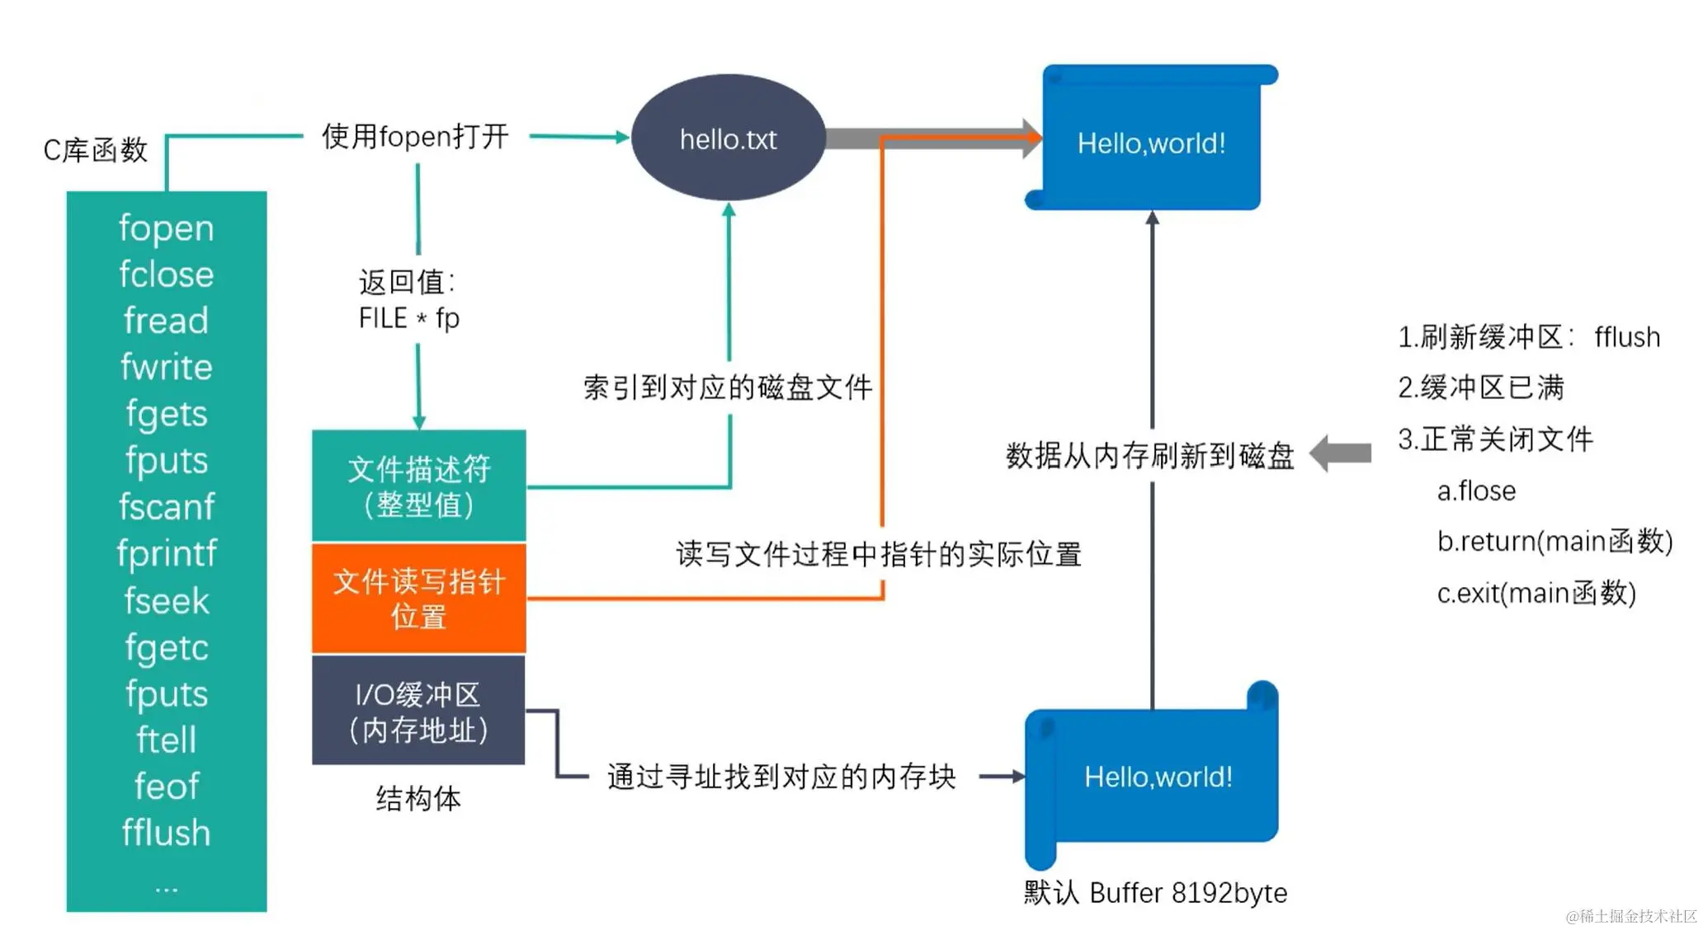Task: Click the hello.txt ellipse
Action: (x=728, y=139)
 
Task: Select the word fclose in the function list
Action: (x=166, y=275)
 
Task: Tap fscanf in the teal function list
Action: (x=166, y=507)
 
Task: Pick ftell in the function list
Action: (x=166, y=740)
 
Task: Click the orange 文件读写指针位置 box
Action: (x=418, y=599)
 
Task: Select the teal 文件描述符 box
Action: (x=418, y=486)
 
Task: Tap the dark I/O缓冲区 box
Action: (x=418, y=712)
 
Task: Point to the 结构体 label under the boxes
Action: (x=418, y=798)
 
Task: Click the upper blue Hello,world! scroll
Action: (x=1151, y=142)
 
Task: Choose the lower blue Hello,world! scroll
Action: (x=1157, y=775)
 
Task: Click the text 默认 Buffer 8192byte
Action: (x=1155, y=893)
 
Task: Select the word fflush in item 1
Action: (x=1626, y=337)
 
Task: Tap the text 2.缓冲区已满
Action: (x=1481, y=387)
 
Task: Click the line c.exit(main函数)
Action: (x=1536, y=593)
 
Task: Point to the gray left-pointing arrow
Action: (x=1341, y=453)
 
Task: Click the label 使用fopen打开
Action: (x=415, y=137)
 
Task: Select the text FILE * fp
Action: (x=409, y=318)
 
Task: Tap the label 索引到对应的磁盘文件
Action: (x=728, y=387)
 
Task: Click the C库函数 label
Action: (x=96, y=150)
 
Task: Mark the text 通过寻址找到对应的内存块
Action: (x=781, y=776)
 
